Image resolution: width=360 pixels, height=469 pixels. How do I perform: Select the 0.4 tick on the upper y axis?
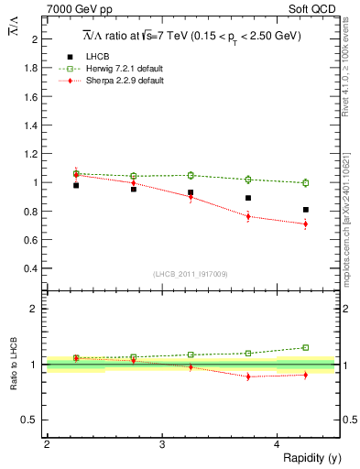[31, 268]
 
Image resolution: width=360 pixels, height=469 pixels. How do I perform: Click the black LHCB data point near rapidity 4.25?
[306, 210]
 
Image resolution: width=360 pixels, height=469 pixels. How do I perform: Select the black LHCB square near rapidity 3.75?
[248, 198]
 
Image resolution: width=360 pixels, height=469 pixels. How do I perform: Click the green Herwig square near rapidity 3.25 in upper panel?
[191, 175]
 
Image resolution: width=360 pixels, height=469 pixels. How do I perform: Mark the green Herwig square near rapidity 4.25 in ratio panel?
[306, 347]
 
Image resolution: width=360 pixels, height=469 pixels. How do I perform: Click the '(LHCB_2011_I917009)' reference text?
[191, 274]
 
